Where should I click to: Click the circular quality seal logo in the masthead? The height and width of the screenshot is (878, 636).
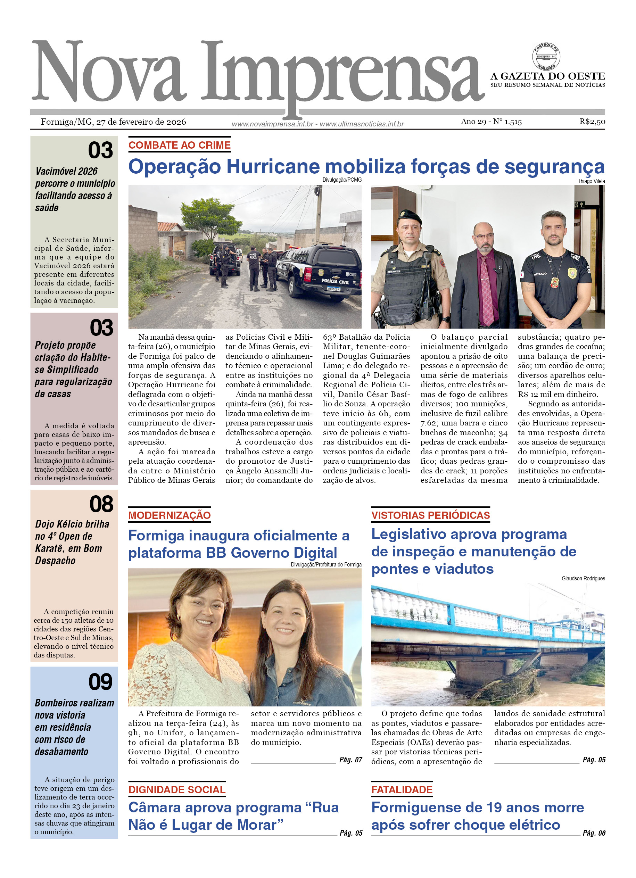tap(546, 57)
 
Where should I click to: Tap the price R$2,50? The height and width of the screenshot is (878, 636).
tap(592, 122)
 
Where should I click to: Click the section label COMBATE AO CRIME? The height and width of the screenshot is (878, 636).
tap(179, 145)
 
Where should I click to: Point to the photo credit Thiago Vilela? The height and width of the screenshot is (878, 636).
tap(591, 181)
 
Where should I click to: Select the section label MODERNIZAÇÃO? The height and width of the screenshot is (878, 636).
tap(169, 515)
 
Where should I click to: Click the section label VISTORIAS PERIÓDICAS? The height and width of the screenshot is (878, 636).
tap(430, 515)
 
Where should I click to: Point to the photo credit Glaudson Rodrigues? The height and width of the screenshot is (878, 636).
tap(583, 578)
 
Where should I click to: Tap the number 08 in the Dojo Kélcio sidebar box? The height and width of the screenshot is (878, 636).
tap(101, 504)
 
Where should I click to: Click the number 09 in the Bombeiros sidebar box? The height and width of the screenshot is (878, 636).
tap(100, 682)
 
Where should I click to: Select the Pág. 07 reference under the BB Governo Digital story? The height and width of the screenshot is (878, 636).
tap(350, 760)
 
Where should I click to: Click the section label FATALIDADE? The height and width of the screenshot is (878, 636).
tap(402, 790)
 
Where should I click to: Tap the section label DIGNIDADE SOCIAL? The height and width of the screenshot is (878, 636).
tap(176, 790)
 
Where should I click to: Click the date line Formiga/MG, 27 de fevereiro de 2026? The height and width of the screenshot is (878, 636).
tap(114, 122)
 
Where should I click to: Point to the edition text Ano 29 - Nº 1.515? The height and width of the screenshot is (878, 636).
tap(491, 122)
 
